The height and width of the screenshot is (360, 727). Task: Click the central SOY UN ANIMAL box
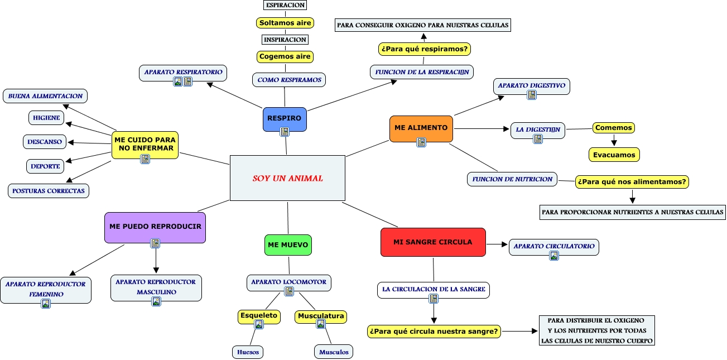click(x=287, y=178)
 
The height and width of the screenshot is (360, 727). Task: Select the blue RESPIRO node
click(x=285, y=119)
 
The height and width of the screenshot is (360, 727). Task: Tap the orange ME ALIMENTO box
click(x=421, y=128)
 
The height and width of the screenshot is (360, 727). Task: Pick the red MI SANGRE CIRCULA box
click(x=432, y=242)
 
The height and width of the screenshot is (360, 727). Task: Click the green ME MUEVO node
click(x=288, y=245)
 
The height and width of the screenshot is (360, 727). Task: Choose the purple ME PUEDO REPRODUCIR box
click(x=155, y=227)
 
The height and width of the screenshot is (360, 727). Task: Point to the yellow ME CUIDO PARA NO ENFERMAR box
click(x=145, y=145)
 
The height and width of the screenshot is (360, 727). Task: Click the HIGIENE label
click(x=46, y=118)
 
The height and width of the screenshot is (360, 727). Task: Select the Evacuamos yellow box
click(x=614, y=155)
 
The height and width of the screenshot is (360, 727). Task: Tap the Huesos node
click(x=248, y=352)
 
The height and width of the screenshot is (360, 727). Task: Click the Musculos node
click(x=334, y=352)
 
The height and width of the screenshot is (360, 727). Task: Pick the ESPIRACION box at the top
click(x=285, y=5)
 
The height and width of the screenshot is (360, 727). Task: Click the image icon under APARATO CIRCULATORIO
click(x=554, y=256)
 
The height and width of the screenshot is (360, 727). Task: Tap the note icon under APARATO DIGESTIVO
click(x=532, y=95)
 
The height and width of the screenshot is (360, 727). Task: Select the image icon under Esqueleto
click(x=259, y=324)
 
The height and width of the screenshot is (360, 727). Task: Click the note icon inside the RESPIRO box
click(x=285, y=132)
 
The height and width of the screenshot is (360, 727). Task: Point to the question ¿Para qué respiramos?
click(x=425, y=49)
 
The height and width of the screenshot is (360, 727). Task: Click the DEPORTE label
click(x=45, y=166)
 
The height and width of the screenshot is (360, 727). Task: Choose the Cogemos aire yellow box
click(x=285, y=56)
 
